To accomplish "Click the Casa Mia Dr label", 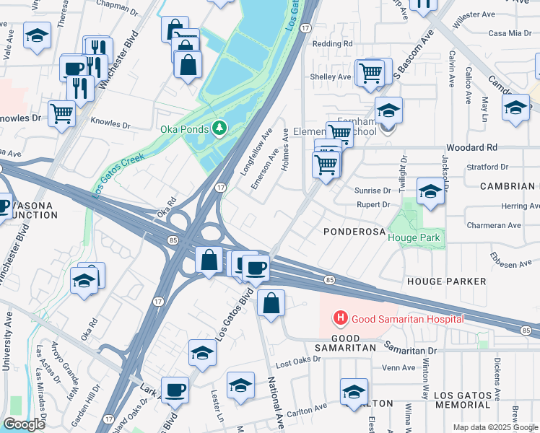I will pyautogui.click(x=510, y=33).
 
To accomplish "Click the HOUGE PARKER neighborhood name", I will pyautogui.click(x=446, y=280).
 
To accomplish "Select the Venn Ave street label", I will pyautogui.click(x=399, y=367).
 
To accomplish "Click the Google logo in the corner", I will pyautogui.click(x=24, y=424).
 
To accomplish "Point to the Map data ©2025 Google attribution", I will pyautogui.click(x=495, y=428).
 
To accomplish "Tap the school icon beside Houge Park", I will pyautogui.click(x=430, y=193).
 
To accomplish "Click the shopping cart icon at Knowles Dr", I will pyautogui.click(x=62, y=113).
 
